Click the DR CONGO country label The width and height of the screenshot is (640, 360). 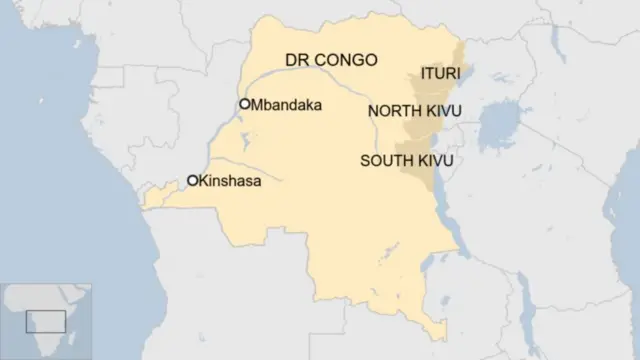(331, 61)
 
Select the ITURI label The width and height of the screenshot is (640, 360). (439, 74)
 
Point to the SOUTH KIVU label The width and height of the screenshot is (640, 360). (406, 160)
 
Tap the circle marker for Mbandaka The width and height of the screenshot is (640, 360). (244, 103)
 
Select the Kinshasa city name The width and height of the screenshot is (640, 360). (230, 181)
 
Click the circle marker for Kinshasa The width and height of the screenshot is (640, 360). (192, 181)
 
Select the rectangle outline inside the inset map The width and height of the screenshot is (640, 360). (45, 321)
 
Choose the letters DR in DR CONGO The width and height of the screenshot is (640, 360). (296, 61)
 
